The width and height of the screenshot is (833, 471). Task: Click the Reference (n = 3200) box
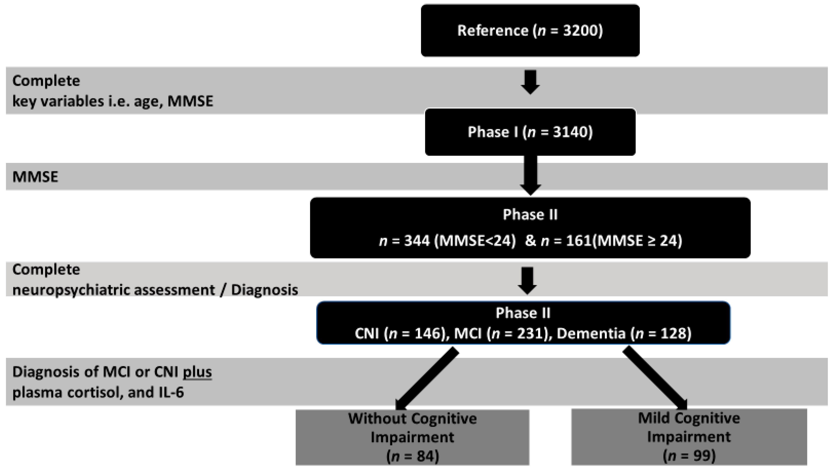(x=530, y=30)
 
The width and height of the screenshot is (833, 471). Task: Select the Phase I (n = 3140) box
(x=530, y=132)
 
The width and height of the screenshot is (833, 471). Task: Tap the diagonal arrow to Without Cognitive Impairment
(x=427, y=378)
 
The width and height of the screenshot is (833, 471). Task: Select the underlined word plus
(x=197, y=372)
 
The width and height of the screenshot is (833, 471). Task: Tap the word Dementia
(x=591, y=333)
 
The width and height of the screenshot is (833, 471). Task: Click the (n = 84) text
(x=412, y=456)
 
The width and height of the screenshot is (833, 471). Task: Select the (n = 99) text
(x=689, y=455)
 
